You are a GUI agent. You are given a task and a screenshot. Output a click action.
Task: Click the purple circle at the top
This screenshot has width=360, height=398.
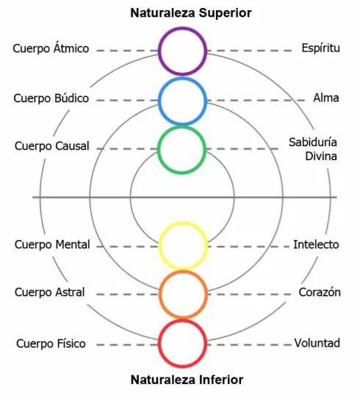click(x=182, y=27)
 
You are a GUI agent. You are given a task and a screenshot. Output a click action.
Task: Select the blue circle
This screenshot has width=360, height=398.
click(x=182, y=79)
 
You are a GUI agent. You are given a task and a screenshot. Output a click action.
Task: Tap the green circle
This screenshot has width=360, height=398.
click(x=181, y=127)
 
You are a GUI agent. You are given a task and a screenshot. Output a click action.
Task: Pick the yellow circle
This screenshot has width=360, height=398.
click(x=183, y=223)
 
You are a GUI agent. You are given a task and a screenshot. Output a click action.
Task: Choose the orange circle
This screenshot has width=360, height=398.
click(x=183, y=272)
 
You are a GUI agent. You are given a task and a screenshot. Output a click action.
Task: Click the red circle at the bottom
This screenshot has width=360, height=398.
click(x=182, y=321)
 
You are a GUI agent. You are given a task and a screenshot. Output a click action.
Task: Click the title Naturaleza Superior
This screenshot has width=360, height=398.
click(x=191, y=12)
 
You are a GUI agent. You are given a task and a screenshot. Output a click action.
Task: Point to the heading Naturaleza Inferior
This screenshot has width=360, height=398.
click(x=187, y=380)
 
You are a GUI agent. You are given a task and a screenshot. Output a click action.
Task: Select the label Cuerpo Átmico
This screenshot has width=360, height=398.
click(x=51, y=48)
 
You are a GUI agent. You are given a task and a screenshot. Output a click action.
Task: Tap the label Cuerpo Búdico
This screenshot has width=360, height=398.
click(x=51, y=98)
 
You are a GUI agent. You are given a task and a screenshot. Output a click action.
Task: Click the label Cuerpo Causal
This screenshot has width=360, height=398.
click(x=51, y=146)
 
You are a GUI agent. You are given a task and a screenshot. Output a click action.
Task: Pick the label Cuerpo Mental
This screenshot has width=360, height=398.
click(x=52, y=245)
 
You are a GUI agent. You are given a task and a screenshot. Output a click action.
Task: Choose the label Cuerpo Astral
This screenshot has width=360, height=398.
click(x=49, y=292)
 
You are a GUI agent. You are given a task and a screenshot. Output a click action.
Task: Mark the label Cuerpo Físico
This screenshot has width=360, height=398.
click(x=51, y=344)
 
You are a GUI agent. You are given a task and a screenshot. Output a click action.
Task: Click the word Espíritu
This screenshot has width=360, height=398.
click(x=320, y=48)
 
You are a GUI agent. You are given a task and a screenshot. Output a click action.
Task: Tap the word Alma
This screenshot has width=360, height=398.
click(x=326, y=98)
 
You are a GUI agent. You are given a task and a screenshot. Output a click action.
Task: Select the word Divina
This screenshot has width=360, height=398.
click(x=321, y=156)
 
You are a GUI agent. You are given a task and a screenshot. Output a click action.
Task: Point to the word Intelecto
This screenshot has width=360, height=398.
click(x=316, y=245)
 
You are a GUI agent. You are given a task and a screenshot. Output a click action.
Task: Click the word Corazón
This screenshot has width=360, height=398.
click(x=320, y=292)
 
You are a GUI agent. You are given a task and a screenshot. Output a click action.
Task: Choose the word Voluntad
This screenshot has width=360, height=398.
click(x=317, y=343)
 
